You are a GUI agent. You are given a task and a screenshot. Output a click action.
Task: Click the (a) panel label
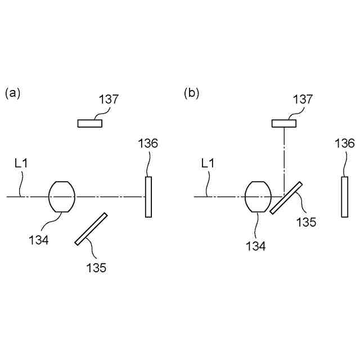coord(12,93)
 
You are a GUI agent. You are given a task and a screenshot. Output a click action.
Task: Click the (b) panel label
coord(192,93)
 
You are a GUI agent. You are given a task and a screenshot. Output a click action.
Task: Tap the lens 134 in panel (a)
coord(62,196)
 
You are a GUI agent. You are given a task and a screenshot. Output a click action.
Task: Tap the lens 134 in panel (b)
coord(259,196)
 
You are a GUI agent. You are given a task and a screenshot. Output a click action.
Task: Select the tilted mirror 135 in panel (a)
coord(91,228)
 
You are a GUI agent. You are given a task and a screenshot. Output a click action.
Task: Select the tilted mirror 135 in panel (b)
coord(286,197)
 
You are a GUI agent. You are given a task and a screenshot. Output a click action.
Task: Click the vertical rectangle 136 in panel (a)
coord(148,196)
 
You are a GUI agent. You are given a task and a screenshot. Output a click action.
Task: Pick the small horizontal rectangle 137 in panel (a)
coord(90,123)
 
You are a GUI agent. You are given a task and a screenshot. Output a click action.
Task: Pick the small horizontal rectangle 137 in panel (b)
coord(284,123)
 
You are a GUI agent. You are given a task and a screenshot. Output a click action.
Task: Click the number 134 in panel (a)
coord(39,240)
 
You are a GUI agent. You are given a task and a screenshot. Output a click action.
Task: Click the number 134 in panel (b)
coord(255,245)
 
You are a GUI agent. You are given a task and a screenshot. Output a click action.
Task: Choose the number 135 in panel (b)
coord(307,222)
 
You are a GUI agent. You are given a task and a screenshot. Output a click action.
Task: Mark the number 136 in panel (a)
coord(148,143)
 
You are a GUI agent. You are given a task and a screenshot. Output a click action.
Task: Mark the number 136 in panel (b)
coord(344,143)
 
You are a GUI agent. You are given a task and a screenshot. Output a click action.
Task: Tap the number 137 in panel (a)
coord(109,100)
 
